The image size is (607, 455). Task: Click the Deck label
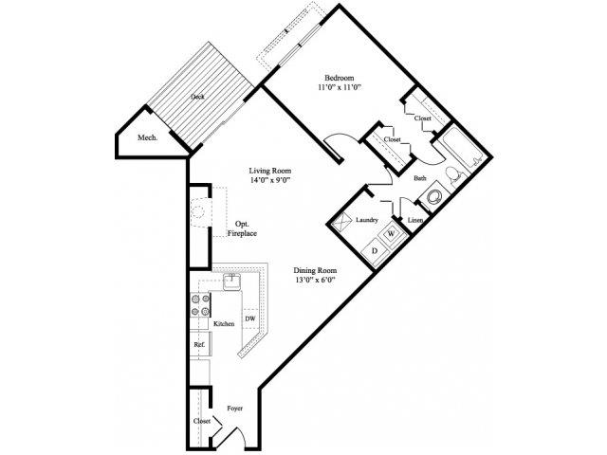pyautogui.click(x=197, y=97)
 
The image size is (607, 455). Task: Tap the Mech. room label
pyautogui.click(x=146, y=137)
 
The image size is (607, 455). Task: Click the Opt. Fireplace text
pyautogui.click(x=243, y=228)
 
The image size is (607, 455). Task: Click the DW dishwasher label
pyautogui.click(x=250, y=318)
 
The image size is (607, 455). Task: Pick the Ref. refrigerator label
pyautogui.click(x=199, y=345)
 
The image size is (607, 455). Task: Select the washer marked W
pyautogui.click(x=390, y=233)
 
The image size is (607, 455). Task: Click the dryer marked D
pyautogui.click(x=373, y=250)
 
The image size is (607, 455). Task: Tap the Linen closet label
pyautogui.click(x=414, y=220)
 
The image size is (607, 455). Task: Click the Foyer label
pyautogui.click(x=235, y=409)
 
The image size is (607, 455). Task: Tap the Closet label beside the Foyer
pyautogui.click(x=202, y=420)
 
